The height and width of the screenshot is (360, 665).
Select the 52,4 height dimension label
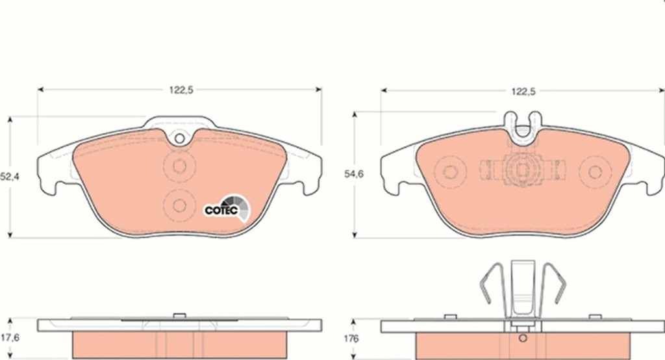(x=9, y=176)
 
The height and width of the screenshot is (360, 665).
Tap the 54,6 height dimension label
(x=353, y=174)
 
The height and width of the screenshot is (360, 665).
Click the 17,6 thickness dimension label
(x=10, y=338)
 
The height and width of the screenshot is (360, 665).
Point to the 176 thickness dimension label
(x=351, y=339)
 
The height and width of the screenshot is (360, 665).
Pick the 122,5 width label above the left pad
(x=181, y=90)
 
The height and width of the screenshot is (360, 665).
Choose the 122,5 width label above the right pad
(x=523, y=91)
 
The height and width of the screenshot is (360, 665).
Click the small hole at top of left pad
(x=179, y=138)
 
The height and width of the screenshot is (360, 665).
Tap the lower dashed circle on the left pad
(x=179, y=205)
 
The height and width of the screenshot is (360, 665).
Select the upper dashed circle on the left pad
(x=179, y=166)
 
